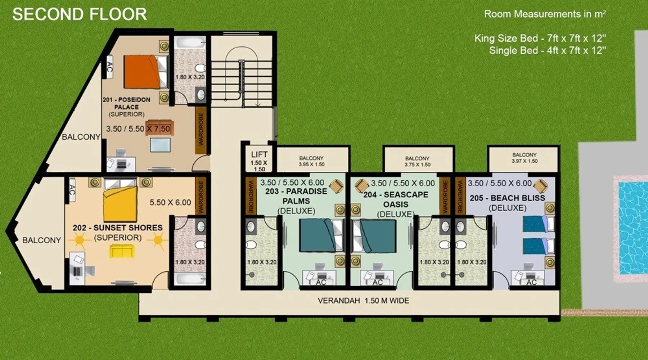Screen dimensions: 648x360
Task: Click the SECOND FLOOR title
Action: (x=80, y=14)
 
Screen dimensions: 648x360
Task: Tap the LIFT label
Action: (x=259, y=154)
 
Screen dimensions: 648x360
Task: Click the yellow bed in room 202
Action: (x=120, y=200)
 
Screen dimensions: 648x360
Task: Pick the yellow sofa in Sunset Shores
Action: (x=122, y=251)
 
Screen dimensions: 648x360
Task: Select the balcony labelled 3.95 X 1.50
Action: (x=312, y=159)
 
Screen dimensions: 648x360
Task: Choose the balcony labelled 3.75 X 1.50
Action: (x=418, y=159)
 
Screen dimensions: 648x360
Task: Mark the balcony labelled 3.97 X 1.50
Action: (x=523, y=159)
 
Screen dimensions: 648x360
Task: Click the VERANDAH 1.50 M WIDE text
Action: (x=363, y=301)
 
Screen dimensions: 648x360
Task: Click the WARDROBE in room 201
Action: (x=201, y=130)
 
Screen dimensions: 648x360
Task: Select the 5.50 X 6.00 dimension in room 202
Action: (x=170, y=202)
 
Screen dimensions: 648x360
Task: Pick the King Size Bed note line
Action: (x=540, y=38)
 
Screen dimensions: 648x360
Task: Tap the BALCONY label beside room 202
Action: (x=42, y=240)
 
